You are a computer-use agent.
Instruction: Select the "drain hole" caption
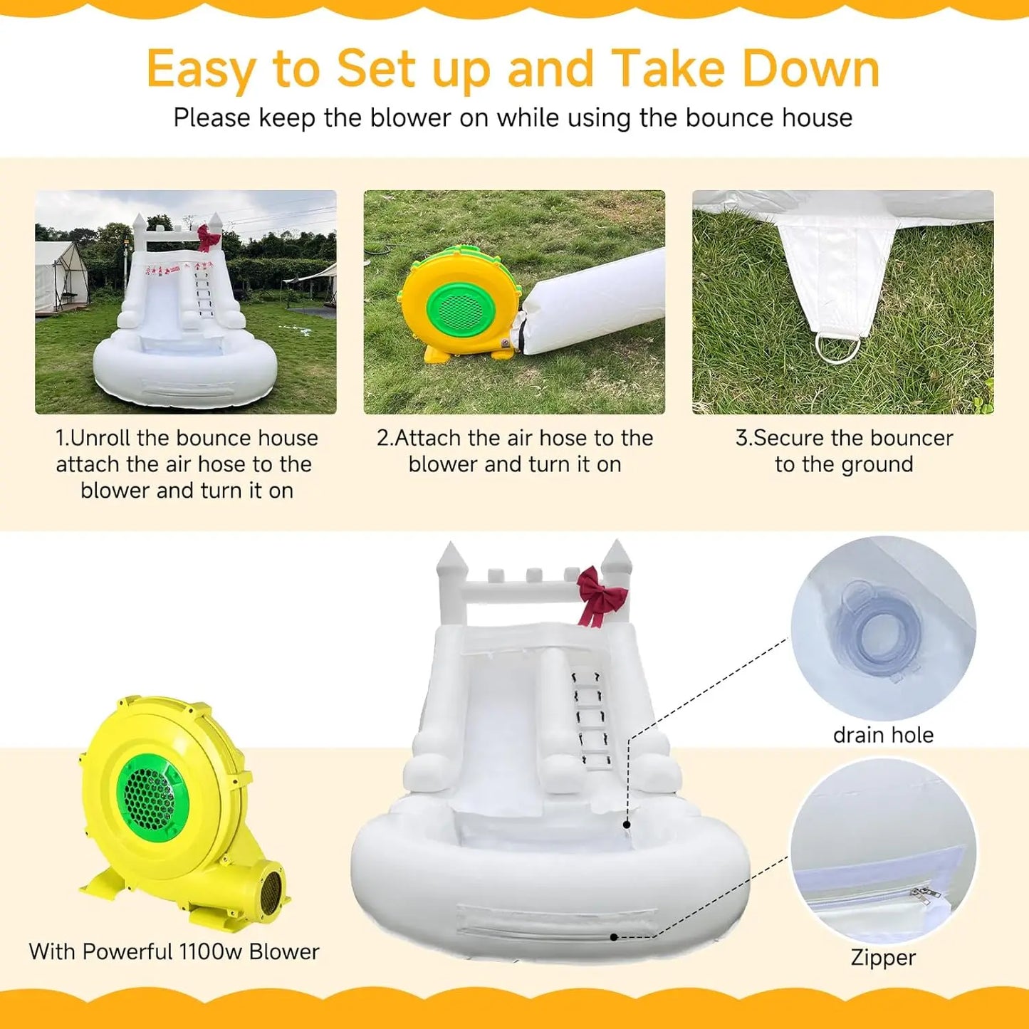(x=883, y=736)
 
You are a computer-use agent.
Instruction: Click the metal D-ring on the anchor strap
(x=837, y=346)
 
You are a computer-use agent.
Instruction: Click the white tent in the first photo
(x=60, y=277)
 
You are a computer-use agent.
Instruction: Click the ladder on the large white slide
(x=591, y=718)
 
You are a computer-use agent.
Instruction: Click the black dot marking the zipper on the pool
(x=614, y=937)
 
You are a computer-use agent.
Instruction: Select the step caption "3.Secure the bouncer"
(x=844, y=438)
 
